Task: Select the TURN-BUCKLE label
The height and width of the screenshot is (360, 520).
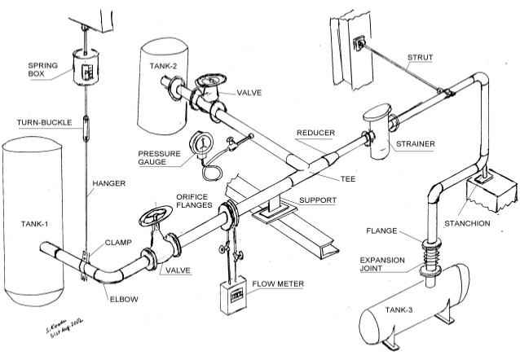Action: pos(42,123)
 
